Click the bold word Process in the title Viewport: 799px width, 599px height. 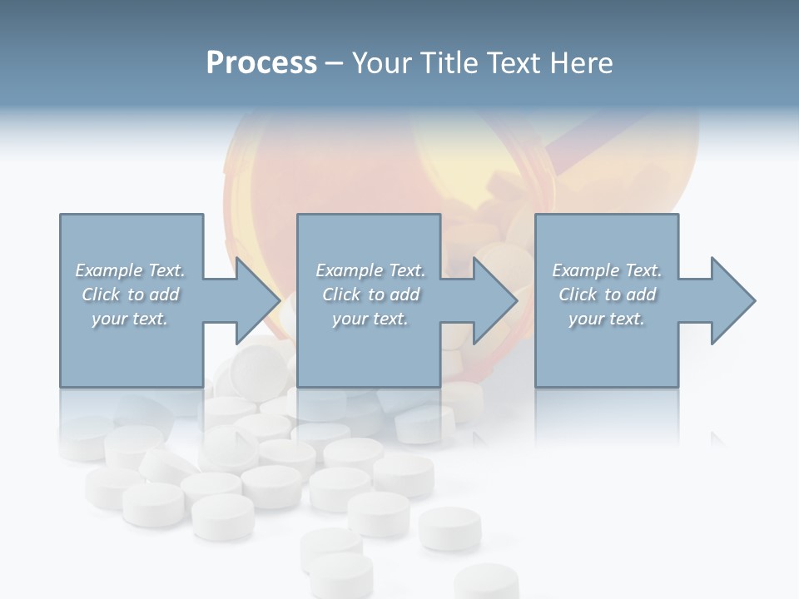[261, 63]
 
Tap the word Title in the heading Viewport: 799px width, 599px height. [449, 63]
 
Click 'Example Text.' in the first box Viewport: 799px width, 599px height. [130, 270]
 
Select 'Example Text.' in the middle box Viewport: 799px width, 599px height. [370, 270]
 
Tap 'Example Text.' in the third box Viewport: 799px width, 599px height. [607, 270]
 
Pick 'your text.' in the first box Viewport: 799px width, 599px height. [130, 319]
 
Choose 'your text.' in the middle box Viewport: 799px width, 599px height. [370, 319]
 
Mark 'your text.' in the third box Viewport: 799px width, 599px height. [607, 319]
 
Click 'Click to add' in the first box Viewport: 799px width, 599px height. [130, 295]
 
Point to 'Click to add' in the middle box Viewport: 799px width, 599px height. [370, 295]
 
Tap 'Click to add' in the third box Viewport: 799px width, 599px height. [607, 295]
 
